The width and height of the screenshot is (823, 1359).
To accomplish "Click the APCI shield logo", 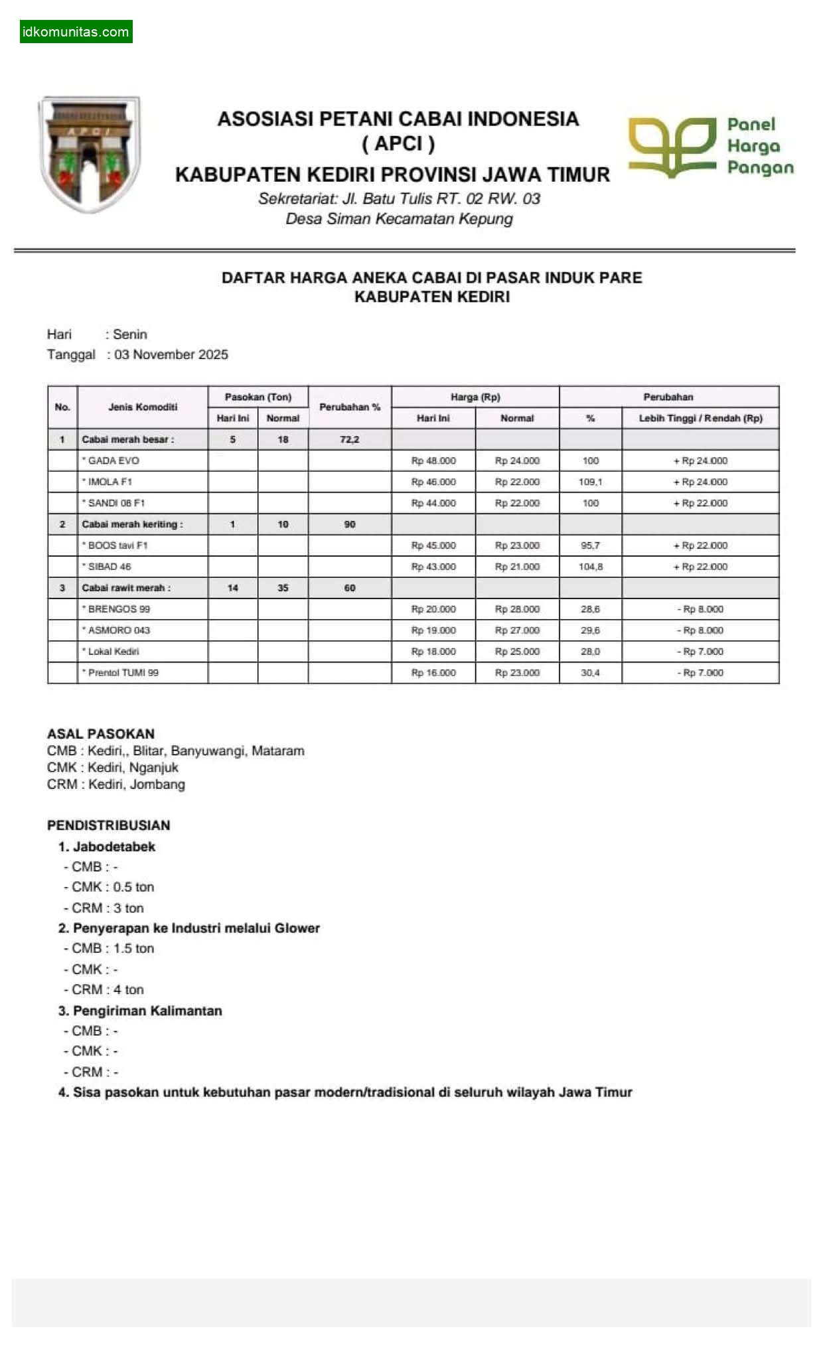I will point(90,154).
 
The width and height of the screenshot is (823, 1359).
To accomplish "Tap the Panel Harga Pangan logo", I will point(711,147).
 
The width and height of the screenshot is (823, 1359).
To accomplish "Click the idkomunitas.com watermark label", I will point(76,32).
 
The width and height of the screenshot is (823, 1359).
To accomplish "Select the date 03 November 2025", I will point(171,354).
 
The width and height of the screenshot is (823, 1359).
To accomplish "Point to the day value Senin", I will point(130,334).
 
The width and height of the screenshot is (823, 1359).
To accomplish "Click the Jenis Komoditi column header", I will point(143,407).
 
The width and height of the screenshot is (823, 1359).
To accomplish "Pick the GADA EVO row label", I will point(113,461).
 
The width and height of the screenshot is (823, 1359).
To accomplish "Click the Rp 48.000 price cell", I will point(433,461).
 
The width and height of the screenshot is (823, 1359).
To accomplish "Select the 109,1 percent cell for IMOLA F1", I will point(590,482).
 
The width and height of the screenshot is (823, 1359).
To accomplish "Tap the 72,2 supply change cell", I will point(350,439).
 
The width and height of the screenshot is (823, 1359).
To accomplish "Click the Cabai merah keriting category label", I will point(132,524).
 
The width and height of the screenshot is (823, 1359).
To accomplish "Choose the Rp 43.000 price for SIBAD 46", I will point(433,567).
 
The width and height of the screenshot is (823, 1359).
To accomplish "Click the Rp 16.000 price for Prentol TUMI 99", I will point(433,673).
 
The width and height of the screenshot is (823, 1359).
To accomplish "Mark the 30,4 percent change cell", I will point(590,673).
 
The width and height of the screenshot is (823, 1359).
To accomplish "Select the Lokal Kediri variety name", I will point(113,652).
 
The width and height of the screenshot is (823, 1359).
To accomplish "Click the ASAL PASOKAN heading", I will point(101,734).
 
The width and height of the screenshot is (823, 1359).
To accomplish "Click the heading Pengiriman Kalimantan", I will point(147,1011).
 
